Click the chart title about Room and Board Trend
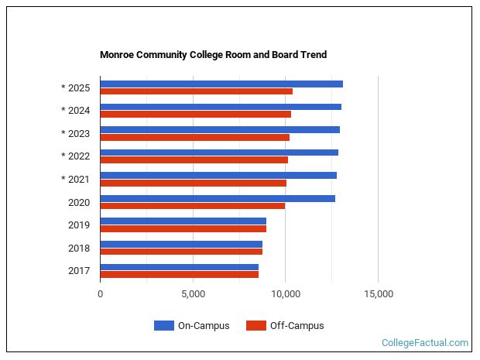tap(213, 55)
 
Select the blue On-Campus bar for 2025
tap(221, 84)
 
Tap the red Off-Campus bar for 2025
tap(196, 91)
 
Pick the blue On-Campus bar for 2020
tap(217, 198)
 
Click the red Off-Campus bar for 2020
tap(192, 206)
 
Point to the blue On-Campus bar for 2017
tap(179, 267)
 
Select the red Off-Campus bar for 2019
tap(183, 228)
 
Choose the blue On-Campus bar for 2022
tap(218, 153)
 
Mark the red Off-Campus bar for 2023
tap(194, 137)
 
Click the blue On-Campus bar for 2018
tap(180, 244)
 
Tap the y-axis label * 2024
tap(76, 111)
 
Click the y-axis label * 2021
tap(76, 180)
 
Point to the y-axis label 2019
tap(79, 225)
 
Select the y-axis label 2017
tap(79, 271)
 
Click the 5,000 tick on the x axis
tap(193, 294)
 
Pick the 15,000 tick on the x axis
tap(378, 294)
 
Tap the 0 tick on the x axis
tap(101, 294)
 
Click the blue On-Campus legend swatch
tap(163, 326)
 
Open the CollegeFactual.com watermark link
tap(425, 342)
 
